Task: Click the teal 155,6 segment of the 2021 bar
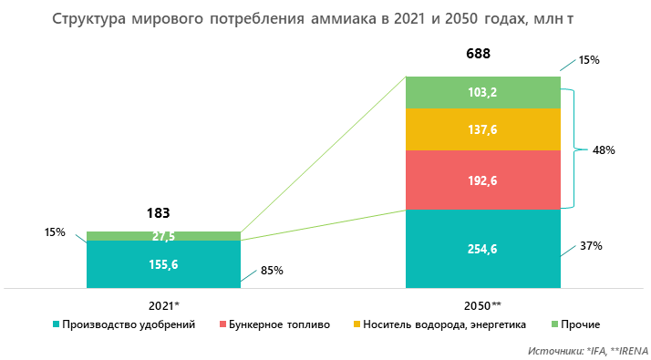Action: pyautogui.click(x=163, y=264)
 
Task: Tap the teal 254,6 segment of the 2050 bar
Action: pyautogui.click(x=481, y=248)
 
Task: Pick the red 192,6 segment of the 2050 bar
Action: pyautogui.click(x=481, y=180)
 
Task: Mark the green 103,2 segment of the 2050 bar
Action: pyautogui.click(x=481, y=92)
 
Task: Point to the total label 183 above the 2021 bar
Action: pyautogui.click(x=159, y=213)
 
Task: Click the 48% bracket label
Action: pyautogui.click(x=603, y=149)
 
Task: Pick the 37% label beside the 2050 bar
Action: pyautogui.click(x=591, y=246)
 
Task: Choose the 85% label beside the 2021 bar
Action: pyautogui.click(x=272, y=270)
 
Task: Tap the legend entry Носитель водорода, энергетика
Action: pyautogui.click(x=434, y=324)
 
